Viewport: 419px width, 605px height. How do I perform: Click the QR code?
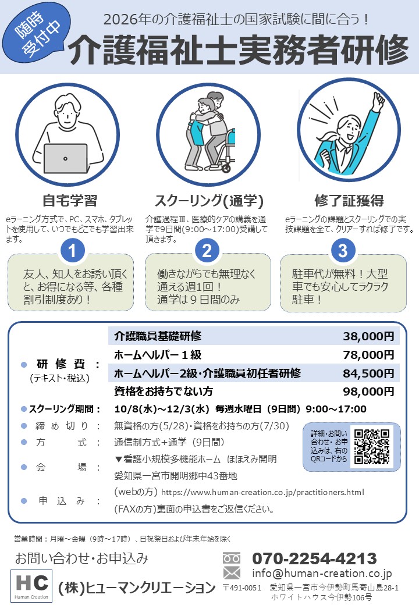point(372,446)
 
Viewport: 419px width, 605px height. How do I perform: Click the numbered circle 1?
point(72,251)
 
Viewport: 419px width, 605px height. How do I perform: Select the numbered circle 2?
point(207,251)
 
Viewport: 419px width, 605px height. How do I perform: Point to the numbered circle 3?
point(343,251)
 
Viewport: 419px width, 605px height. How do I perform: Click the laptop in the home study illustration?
point(66,159)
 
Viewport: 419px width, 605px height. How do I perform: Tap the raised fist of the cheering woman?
point(379,100)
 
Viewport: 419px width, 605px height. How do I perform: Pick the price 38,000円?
point(368,336)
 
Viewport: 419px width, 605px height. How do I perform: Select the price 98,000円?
point(368,392)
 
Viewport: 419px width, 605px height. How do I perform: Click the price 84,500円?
point(368,373)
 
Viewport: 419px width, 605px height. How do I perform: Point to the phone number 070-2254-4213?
point(314,558)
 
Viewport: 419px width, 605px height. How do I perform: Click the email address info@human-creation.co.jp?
point(322,574)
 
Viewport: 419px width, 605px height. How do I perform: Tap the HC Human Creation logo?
point(31,586)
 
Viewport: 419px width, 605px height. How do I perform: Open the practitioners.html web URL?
point(262,492)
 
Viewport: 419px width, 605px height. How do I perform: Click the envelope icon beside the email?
point(232,573)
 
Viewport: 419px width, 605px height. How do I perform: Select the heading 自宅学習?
point(70,201)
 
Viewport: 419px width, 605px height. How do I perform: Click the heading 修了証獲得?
point(349,201)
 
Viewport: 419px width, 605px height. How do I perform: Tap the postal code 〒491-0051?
point(242,588)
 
